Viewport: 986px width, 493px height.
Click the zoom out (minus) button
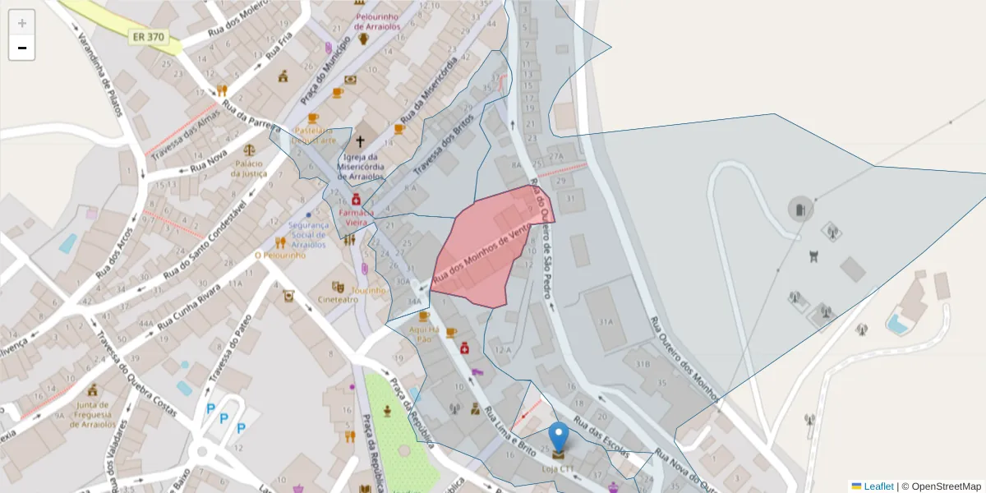pos(22,48)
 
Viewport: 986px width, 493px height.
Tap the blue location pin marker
pos(559,435)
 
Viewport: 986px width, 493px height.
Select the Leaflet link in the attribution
pos(878,486)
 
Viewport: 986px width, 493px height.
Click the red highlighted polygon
pos(485,255)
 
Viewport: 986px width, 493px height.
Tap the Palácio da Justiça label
pos(249,168)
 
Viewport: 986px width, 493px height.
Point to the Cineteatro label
pos(338,300)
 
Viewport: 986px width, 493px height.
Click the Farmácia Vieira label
pos(356,217)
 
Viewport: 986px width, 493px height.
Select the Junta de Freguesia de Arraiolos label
pos(91,414)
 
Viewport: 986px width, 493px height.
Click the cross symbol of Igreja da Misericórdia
pos(360,142)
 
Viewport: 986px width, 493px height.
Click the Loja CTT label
pos(559,469)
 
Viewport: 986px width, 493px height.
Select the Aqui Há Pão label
pos(424,334)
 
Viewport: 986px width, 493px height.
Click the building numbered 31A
pos(607,321)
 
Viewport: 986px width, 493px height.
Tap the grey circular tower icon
pos(800,209)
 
